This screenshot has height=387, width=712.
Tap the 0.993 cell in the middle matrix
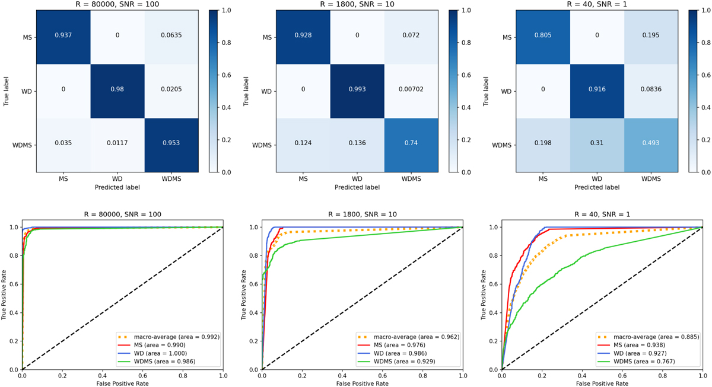click(356, 91)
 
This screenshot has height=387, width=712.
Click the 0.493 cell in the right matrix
click(650, 145)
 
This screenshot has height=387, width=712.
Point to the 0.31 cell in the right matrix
click(596, 145)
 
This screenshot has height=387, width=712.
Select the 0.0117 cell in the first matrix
click(117, 145)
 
